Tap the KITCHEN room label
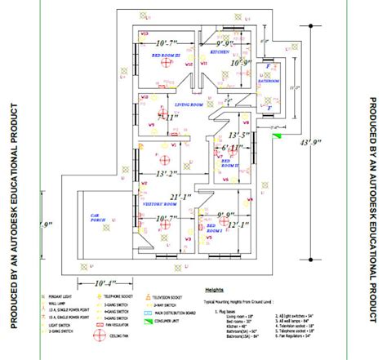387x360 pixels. tap(220, 51)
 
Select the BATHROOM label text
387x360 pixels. tap(269, 81)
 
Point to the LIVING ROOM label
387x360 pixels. tap(189, 105)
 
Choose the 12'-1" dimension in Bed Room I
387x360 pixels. tap(238, 225)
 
